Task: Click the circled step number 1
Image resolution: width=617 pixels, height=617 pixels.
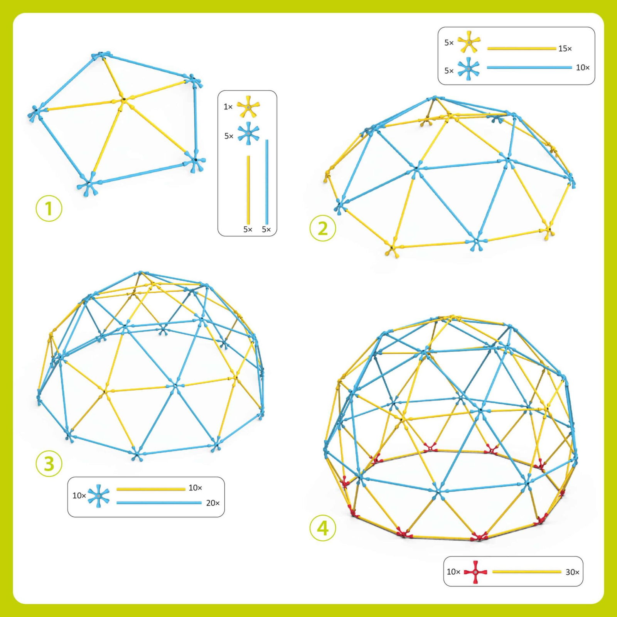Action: [49, 209]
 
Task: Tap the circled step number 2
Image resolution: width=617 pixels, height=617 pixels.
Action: [323, 228]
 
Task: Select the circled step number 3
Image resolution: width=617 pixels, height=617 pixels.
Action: [49, 464]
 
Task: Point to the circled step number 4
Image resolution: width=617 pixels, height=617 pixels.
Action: [323, 528]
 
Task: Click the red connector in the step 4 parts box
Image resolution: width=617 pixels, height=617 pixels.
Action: [475, 572]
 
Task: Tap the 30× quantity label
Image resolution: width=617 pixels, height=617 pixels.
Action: [572, 572]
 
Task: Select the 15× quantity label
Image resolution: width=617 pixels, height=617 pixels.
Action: [565, 49]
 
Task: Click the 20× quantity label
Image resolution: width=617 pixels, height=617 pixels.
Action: [213, 503]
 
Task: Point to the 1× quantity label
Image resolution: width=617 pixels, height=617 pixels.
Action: [228, 107]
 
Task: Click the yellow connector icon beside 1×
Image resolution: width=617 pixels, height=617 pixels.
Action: [248, 106]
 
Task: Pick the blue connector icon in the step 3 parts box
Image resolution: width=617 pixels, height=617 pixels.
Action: [98, 496]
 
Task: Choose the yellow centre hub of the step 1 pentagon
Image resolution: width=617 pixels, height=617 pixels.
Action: [123, 100]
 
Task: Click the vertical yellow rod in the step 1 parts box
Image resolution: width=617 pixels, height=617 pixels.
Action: [248, 190]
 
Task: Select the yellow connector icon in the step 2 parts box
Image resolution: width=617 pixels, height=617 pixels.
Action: [469, 42]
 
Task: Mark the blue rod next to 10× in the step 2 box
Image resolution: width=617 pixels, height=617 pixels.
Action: [529, 67]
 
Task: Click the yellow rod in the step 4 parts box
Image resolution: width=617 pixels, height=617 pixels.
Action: [527, 572]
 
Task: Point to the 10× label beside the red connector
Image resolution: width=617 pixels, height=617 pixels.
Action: [453, 572]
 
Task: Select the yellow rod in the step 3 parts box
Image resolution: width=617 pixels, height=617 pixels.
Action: [151, 489]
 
